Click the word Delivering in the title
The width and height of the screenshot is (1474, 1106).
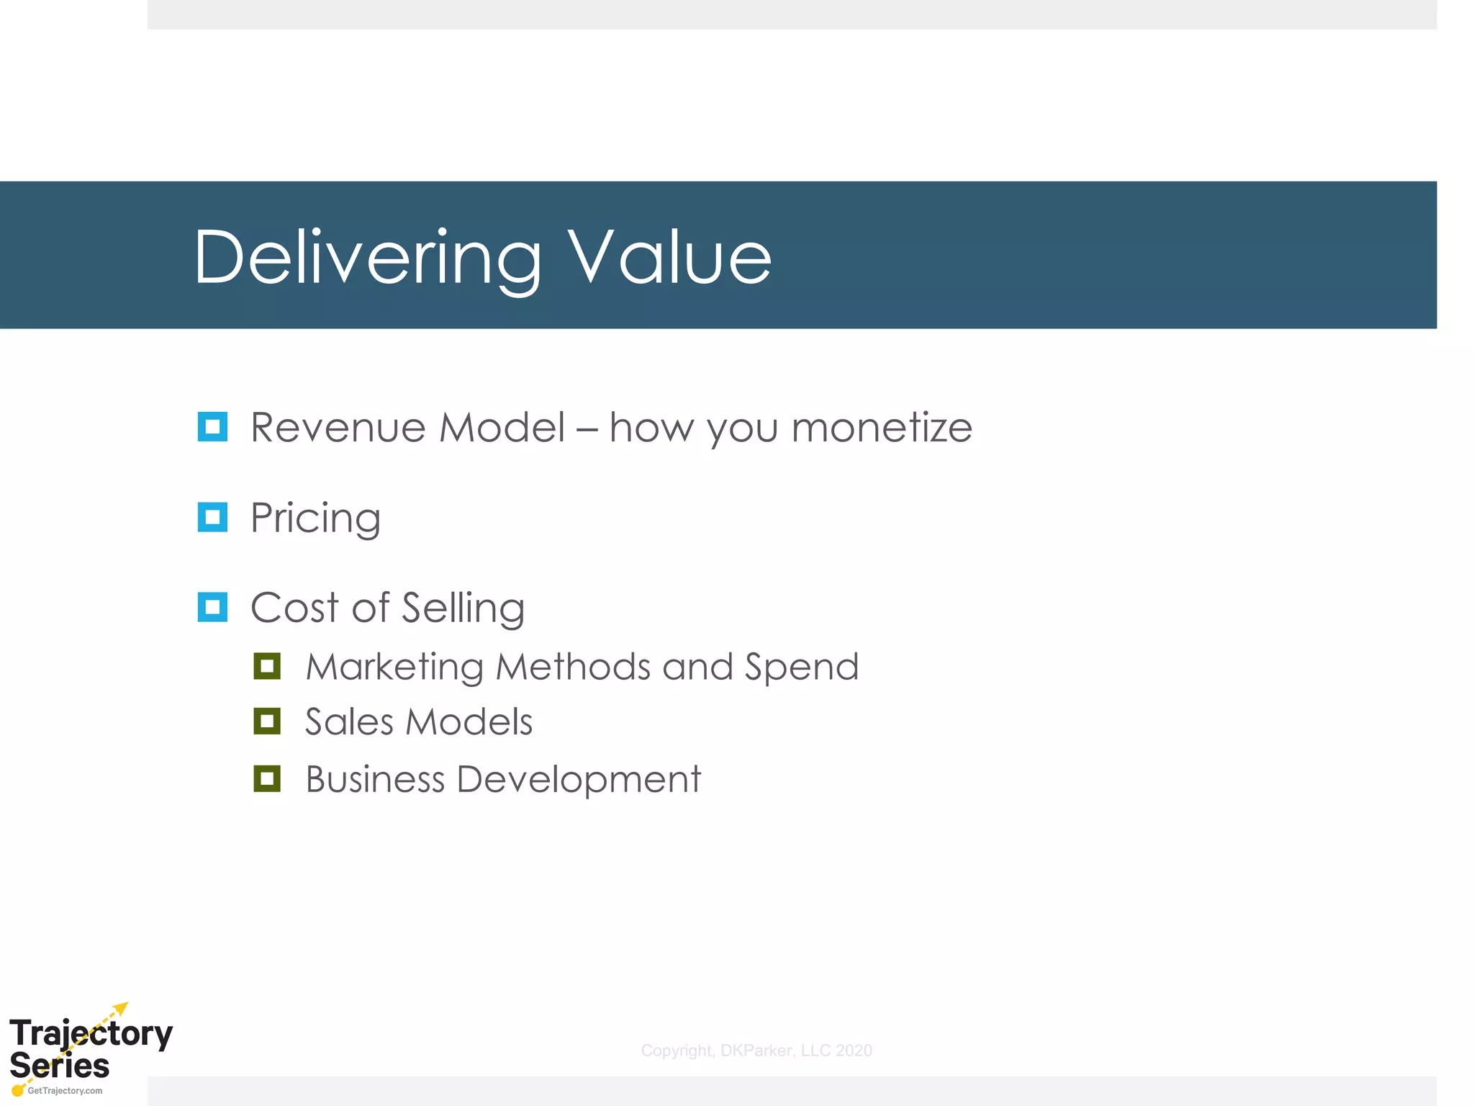pos(367,258)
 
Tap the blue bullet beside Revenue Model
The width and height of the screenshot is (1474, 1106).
pos(212,426)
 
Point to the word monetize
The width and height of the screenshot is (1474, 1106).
pos(882,428)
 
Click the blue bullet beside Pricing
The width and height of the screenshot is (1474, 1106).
pos(212,517)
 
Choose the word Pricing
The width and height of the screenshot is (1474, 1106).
pos(315,518)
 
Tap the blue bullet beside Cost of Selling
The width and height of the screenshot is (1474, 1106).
pos(212,607)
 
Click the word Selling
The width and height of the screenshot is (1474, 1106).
pos(463,608)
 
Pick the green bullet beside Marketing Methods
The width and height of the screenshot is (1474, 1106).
pos(267,666)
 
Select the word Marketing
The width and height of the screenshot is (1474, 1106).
pos(394,667)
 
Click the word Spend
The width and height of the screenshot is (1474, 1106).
pos(802,667)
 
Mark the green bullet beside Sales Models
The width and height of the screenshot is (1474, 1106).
pos(267,721)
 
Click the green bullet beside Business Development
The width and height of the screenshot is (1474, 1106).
pos(267,778)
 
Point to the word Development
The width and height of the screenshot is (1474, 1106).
pos(579,780)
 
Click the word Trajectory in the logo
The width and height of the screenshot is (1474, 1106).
pos(91,1034)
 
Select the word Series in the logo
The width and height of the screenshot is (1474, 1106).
pos(60,1066)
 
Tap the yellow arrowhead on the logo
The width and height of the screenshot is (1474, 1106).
pos(122,1008)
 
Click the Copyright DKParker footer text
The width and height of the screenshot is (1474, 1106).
pos(756,1051)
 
